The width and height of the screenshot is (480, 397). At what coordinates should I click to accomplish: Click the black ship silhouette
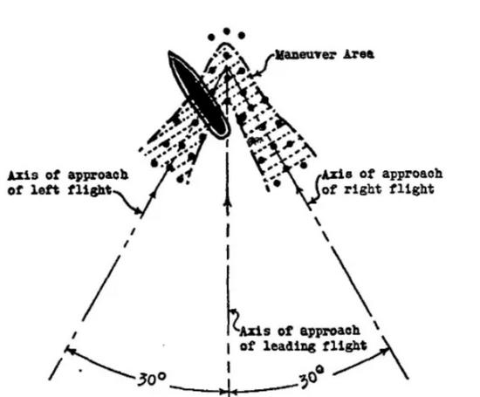(x=199, y=95)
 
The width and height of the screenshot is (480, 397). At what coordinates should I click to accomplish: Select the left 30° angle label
(x=152, y=379)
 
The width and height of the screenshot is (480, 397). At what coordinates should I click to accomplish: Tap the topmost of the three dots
(x=227, y=31)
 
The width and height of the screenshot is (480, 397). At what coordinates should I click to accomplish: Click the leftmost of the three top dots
(x=211, y=38)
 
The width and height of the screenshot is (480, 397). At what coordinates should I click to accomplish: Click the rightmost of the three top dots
(x=242, y=35)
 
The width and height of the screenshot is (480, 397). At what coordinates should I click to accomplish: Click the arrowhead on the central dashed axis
(x=228, y=201)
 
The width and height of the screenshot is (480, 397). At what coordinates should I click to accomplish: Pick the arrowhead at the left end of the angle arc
(x=70, y=351)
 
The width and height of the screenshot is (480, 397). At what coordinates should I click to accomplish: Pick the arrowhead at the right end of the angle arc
(x=385, y=351)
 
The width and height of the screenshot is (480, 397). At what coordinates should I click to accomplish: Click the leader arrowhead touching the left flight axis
(x=140, y=210)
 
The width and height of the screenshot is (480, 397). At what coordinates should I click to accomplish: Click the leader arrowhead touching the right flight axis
(x=312, y=202)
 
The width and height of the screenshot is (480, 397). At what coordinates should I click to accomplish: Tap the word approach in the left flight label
(x=98, y=175)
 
